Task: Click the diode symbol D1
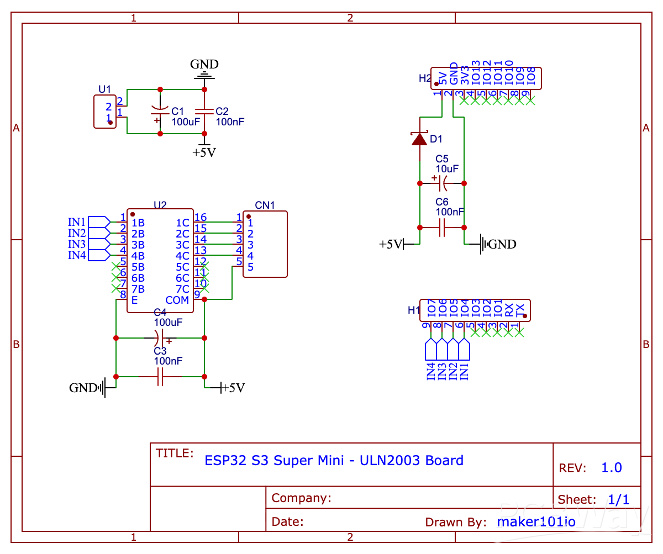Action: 420,139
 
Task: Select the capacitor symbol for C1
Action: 160,112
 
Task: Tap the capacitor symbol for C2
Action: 204,111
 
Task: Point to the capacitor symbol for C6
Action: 442,227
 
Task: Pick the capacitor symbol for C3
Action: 160,377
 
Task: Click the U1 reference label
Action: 104,89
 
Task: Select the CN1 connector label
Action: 265,205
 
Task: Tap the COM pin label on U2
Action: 177,300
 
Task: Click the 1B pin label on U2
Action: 138,223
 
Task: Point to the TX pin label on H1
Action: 519,310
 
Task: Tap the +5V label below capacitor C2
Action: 204,152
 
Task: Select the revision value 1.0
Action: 611,468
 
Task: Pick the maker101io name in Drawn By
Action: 536,521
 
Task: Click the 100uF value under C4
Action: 168,322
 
